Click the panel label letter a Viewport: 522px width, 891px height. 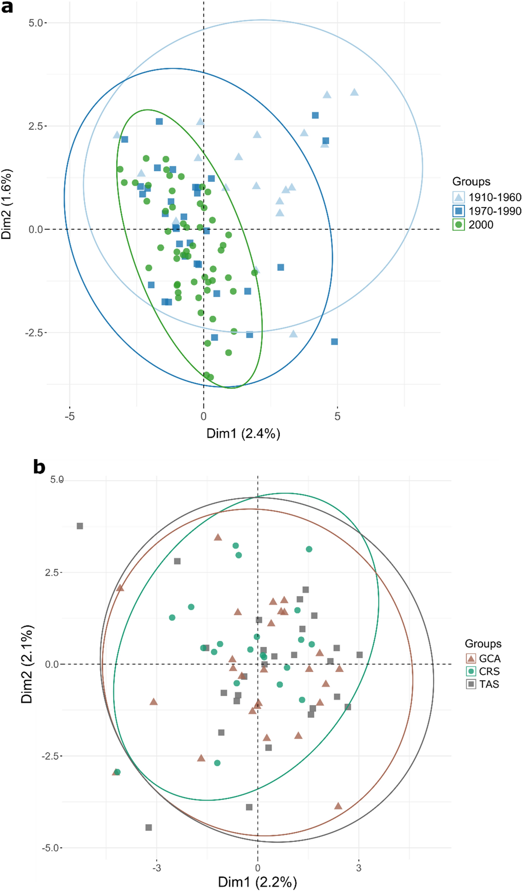tap(7, 7)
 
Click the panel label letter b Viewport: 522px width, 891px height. tap(39, 467)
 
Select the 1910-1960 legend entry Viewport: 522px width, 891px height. tap(487, 197)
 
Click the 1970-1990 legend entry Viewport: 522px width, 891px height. tap(487, 211)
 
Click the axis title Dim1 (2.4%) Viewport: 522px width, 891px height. tap(243, 434)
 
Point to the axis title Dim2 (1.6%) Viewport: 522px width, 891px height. tap(7, 204)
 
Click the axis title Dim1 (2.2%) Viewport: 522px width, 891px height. tap(257, 882)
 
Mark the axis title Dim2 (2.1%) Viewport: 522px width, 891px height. tap(27, 664)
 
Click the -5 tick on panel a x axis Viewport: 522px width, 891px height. tap(69, 416)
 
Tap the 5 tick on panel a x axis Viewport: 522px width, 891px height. tap(337, 416)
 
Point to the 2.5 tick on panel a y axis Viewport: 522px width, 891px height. tap(35, 126)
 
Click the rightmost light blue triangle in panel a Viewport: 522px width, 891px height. tap(354, 92)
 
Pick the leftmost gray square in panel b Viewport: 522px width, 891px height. tap(80, 526)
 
